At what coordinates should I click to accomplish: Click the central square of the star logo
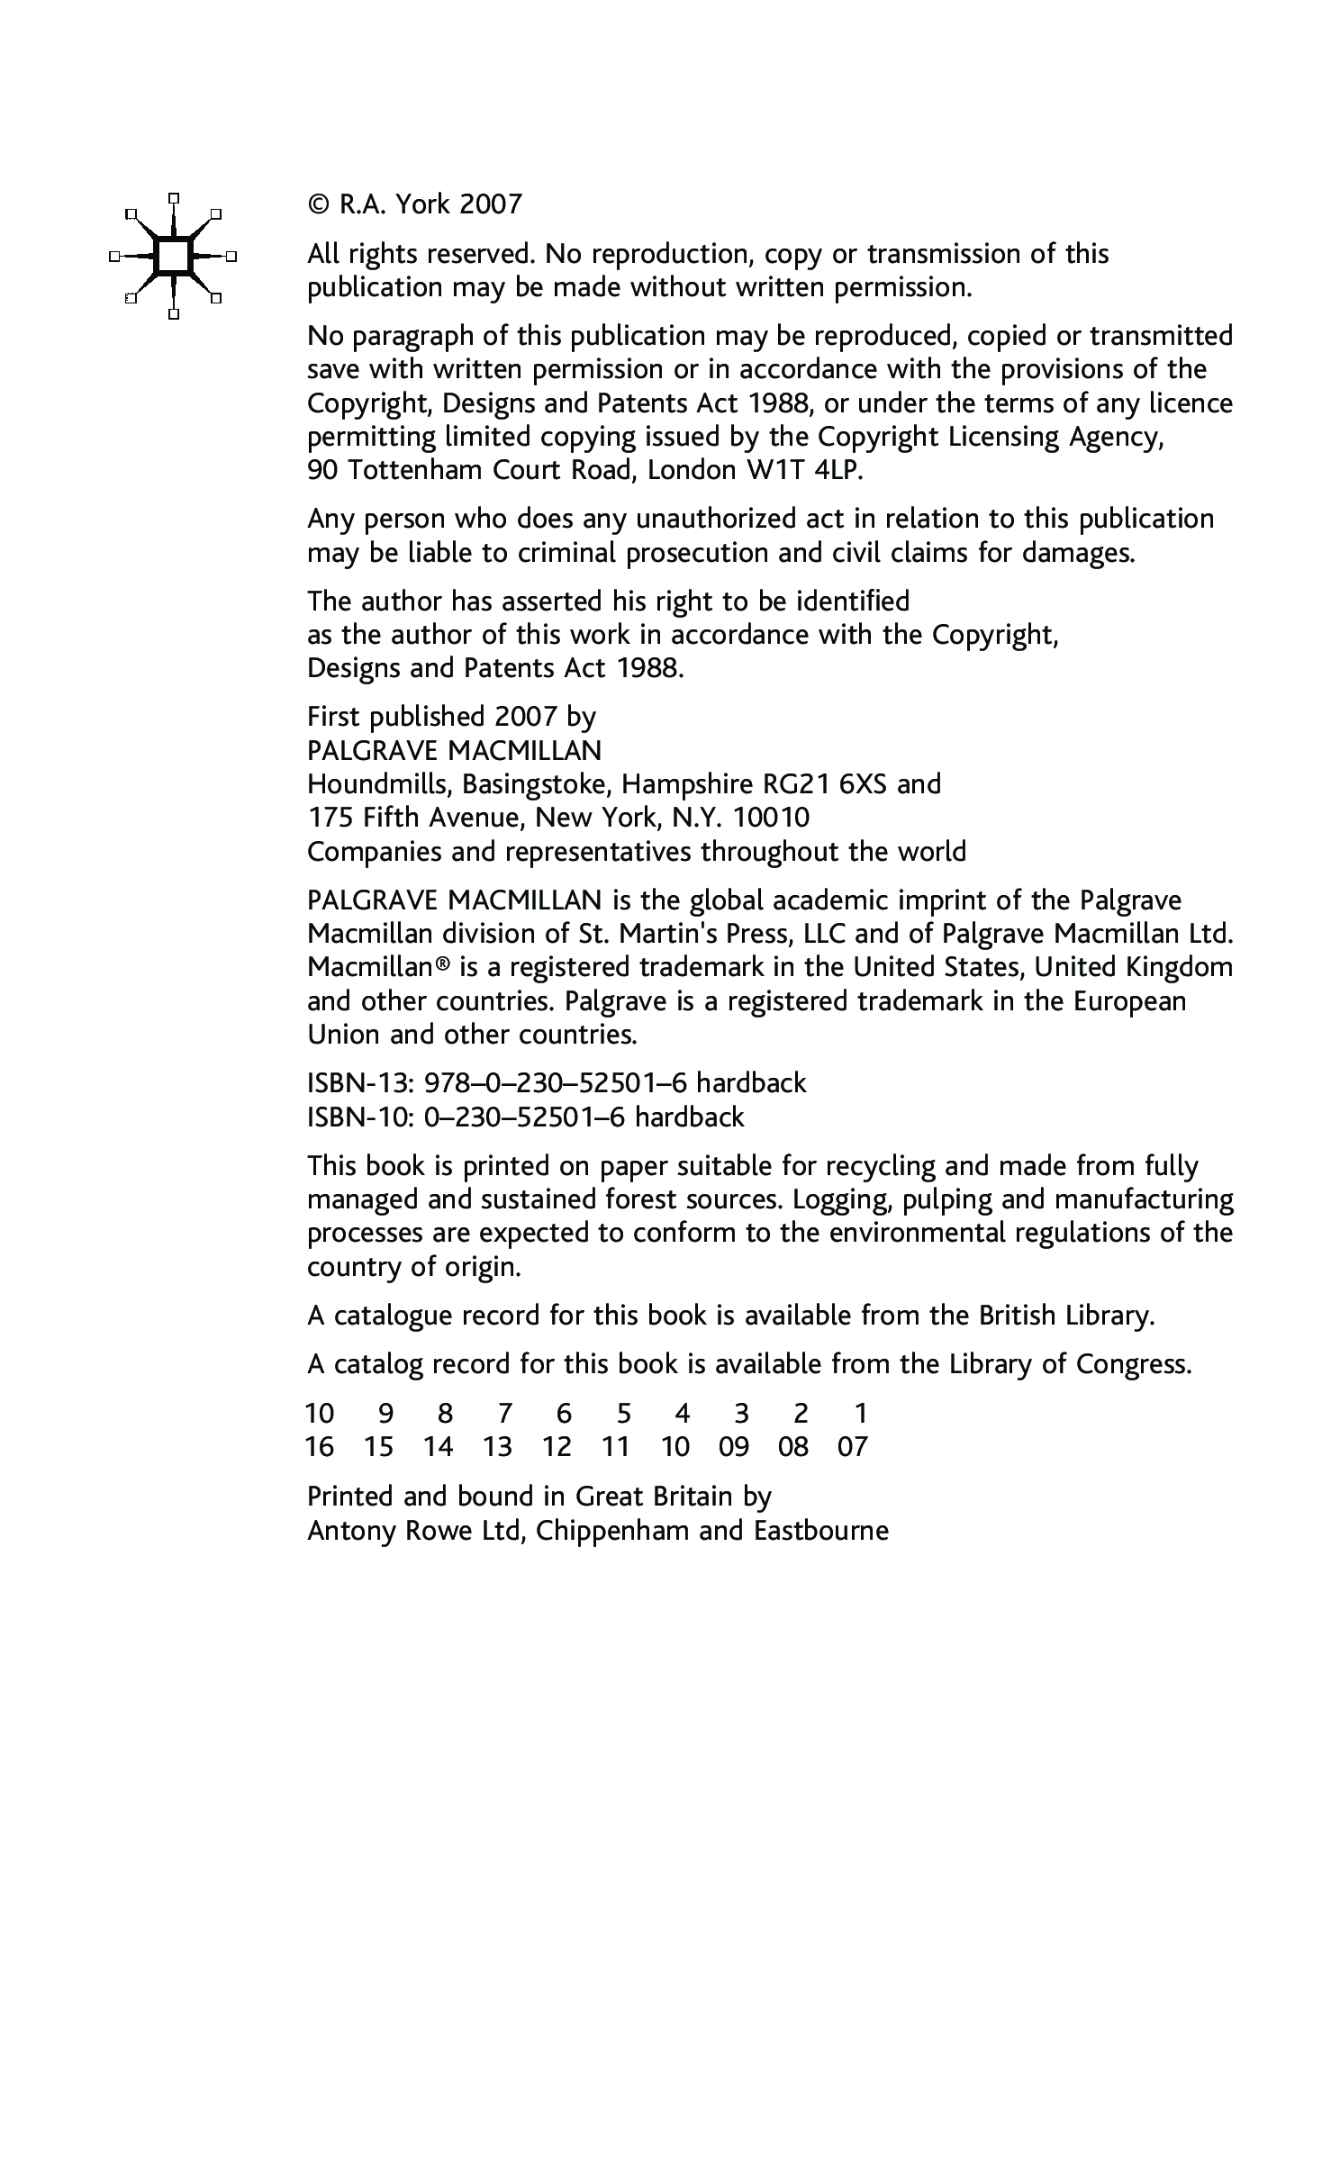coord(174,257)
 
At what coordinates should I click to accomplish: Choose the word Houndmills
coord(379,784)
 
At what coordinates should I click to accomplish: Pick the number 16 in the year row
coord(321,1447)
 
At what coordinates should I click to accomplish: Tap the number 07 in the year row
coord(852,1447)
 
